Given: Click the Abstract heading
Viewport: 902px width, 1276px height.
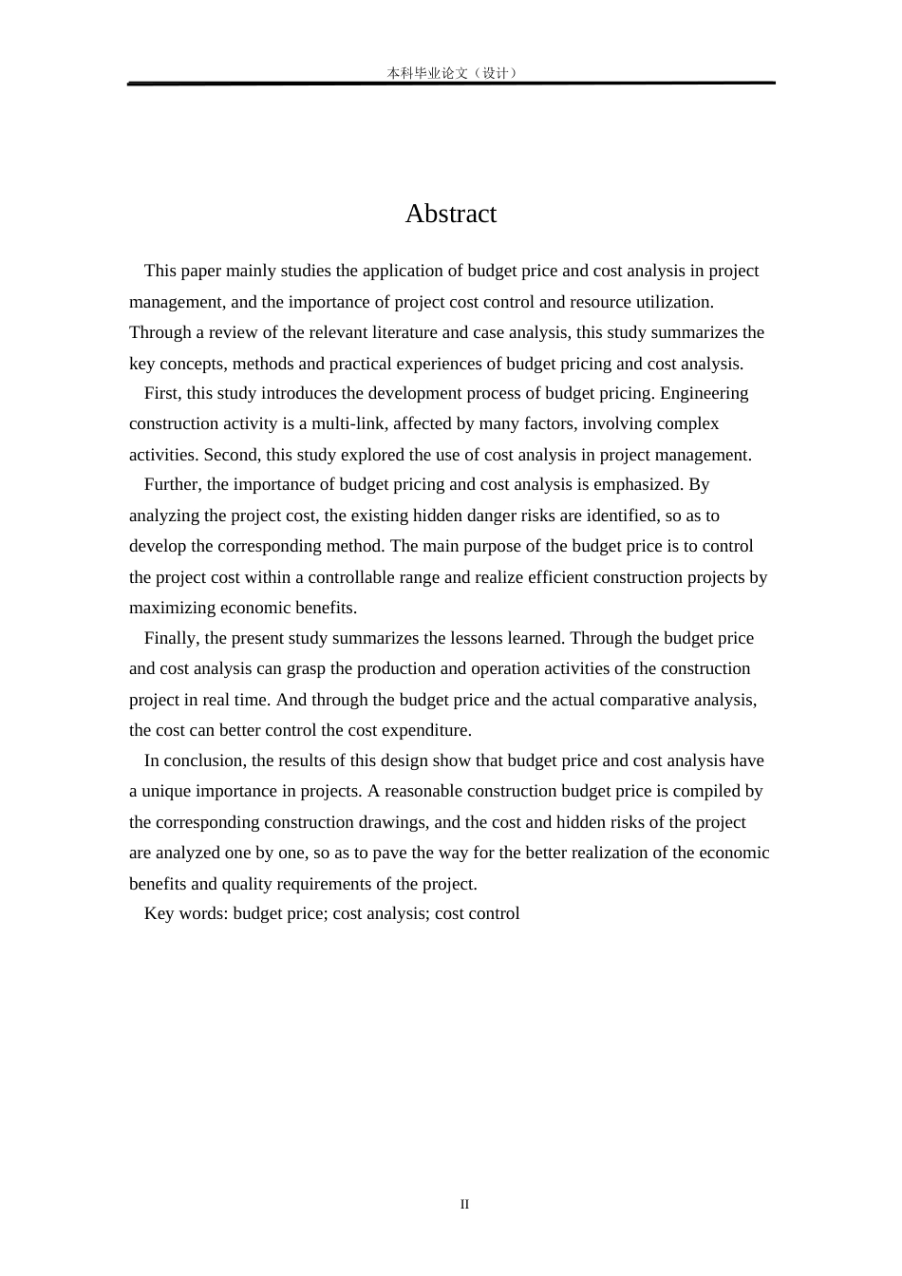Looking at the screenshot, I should tap(450, 214).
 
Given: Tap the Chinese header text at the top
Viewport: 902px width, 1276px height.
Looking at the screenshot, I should tap(451, 73).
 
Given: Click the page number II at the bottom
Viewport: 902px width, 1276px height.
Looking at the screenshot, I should tap(464, 1204).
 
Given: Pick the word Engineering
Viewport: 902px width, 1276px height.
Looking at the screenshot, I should tap(704, 393).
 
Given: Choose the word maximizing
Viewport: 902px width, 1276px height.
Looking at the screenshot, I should tap(172, 608).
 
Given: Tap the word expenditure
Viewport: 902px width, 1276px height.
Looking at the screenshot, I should tap(425, 730).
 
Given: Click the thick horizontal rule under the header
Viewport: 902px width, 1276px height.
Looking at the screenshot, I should tap(451, 84).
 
